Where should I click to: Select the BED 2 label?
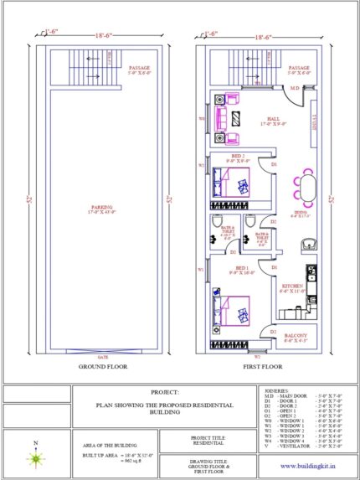click(238, 156)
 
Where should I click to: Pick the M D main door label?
click(295, 87)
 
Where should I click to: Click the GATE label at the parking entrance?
click(102, 357)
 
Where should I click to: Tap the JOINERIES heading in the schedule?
click(276, 390)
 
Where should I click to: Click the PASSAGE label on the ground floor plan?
click(139, 69)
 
